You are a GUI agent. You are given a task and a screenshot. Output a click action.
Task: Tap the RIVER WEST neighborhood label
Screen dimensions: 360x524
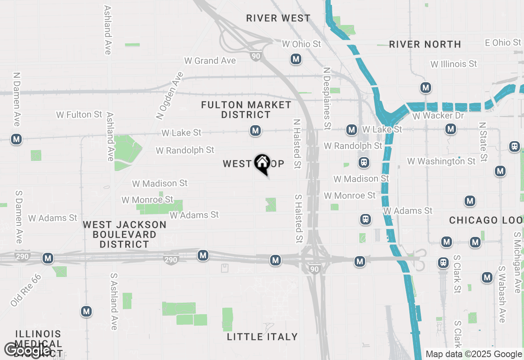pyautogui.click(x=278, y=18)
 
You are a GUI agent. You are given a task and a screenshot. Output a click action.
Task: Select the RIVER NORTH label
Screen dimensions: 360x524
pyautogui.click(x=425, y=44)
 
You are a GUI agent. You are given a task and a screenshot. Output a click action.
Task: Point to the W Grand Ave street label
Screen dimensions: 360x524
pyautogui.click(x=210, y=61)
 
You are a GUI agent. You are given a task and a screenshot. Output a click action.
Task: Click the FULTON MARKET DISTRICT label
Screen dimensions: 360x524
pyautogui.click(x=246, y=110)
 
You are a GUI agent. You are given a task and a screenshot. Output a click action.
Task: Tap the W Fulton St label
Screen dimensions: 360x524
pyautogui.click(x=79, y=115)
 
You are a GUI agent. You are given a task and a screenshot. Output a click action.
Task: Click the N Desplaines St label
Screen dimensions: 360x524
pyautogui.click(x=327, y=98)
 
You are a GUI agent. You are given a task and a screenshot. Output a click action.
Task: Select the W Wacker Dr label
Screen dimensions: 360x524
pyautogui.click(x=438, y=116)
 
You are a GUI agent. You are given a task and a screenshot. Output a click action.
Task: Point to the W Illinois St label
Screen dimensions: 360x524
pyautogui.click(x=454, y=64)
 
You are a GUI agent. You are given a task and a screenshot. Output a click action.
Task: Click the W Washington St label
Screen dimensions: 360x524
pyautogui.click(x=441, y=161)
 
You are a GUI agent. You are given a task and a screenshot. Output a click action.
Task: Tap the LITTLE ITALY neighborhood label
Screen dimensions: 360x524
pyautogui.click(x=262, y=337)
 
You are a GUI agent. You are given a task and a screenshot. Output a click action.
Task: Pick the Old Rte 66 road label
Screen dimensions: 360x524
pyautogui.click(x=26, y=290)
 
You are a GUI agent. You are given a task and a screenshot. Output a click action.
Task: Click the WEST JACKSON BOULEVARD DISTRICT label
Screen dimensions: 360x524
pyautogui.click(x=124, y=234)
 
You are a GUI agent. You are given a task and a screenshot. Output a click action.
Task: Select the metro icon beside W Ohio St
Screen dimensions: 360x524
pyautogui.click(x=296, y=59)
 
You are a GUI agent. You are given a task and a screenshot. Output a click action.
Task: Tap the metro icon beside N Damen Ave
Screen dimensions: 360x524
pyautogui.click(x=16, y=139)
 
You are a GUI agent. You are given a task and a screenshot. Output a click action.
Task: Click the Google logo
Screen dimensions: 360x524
pyautogui.click(x=28, y=350)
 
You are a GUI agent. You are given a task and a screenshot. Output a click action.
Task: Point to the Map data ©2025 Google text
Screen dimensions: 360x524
pyautogui.click(x=474, y=354)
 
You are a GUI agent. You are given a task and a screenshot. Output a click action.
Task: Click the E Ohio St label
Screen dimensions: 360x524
pyautogui.click(x=503, y=43)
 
